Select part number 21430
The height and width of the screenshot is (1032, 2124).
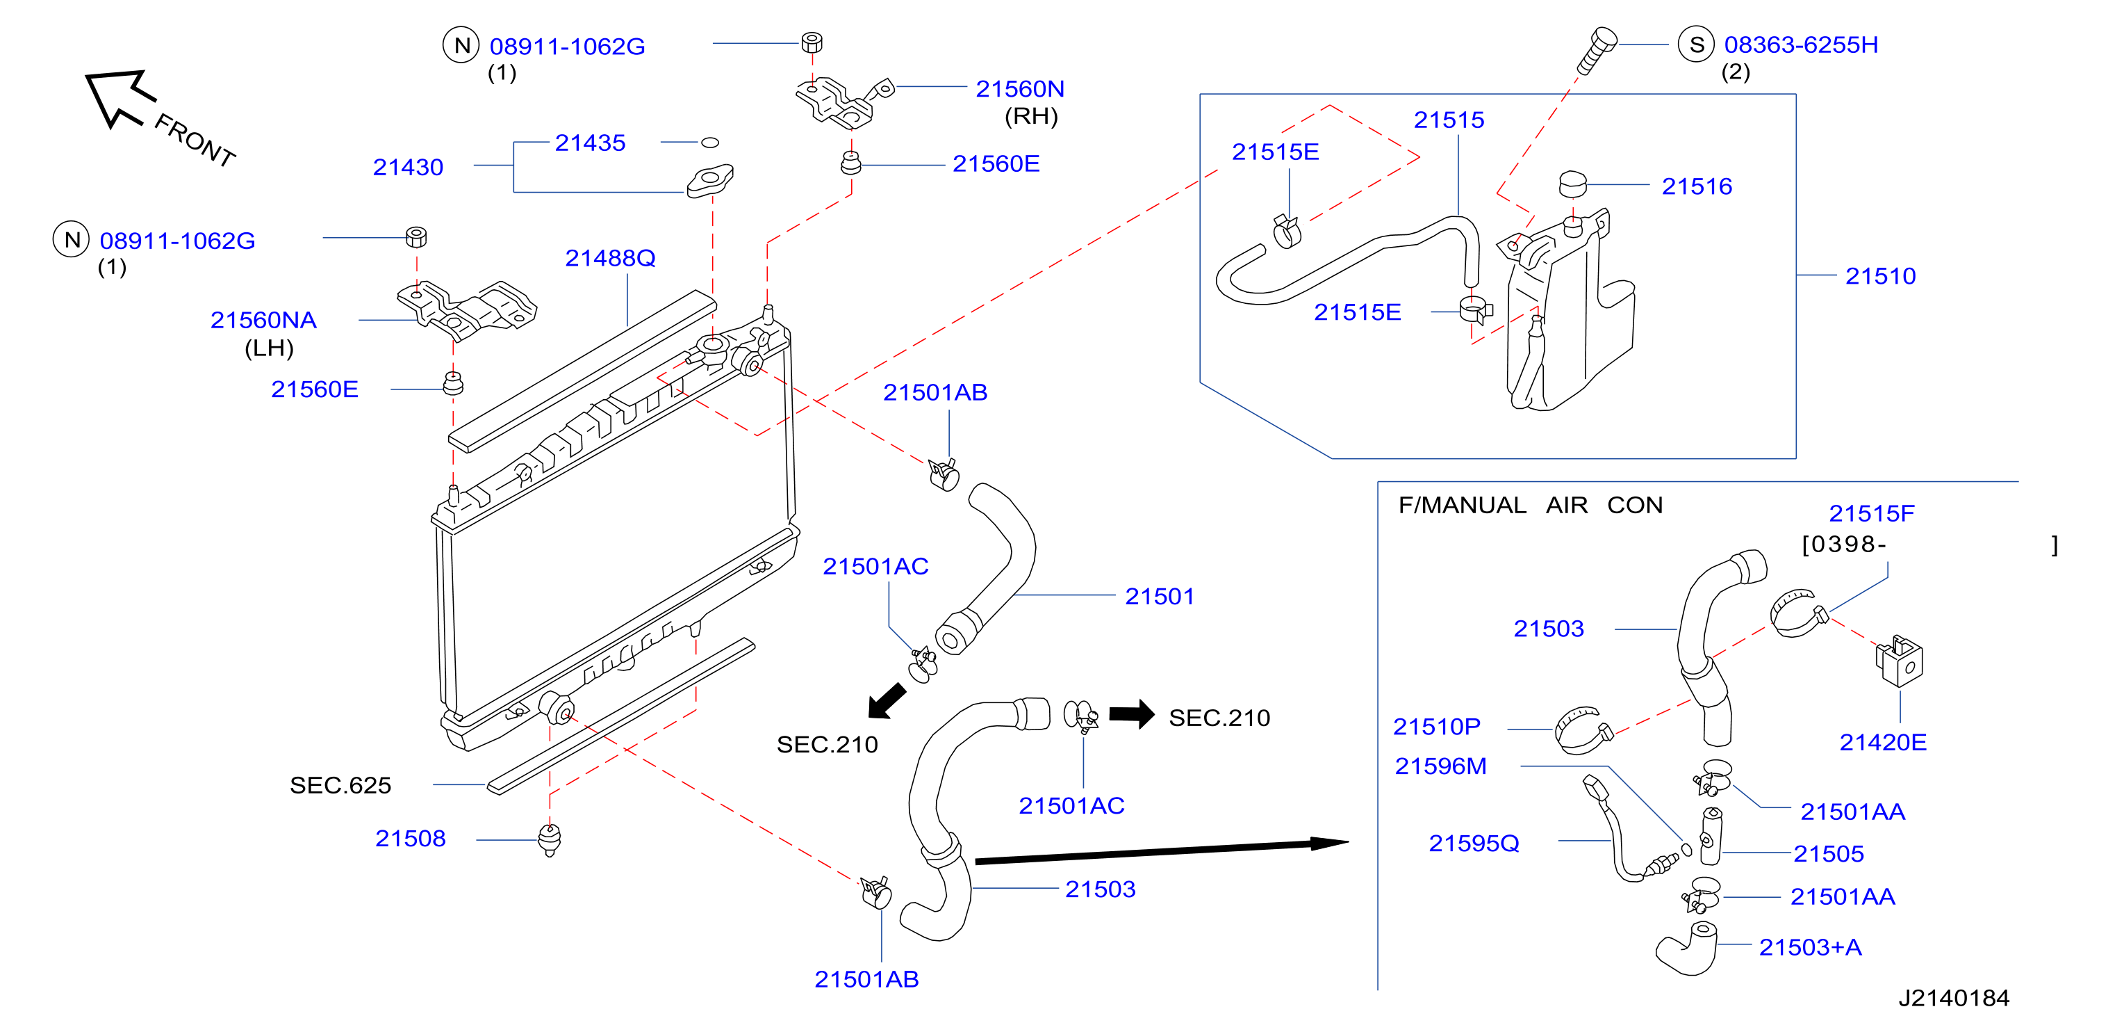click(408, 168)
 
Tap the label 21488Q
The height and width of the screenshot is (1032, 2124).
click(610, 258)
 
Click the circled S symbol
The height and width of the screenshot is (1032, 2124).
click(1696, 45)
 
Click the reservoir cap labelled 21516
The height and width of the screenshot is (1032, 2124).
click(1572, 184)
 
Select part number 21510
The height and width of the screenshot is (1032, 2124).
click(1880, 276)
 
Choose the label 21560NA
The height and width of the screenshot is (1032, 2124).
click(263, 320)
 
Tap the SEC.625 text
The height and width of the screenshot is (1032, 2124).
click(340, 785)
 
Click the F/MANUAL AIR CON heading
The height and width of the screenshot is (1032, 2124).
click(1531, 505)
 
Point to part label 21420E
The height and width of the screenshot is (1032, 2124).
click(1882, 743)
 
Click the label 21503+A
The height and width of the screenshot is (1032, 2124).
click(1810, 947)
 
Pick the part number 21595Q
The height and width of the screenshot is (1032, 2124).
click(1474, 843)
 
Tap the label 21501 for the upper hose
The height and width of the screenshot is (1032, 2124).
click(1160, 597)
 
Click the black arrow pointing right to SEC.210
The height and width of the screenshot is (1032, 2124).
click(1131, 714)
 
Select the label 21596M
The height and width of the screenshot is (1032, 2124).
click(1440, 766)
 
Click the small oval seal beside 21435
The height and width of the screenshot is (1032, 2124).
click(709, 143)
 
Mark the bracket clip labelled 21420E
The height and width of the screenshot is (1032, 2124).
click(1899, 661)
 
